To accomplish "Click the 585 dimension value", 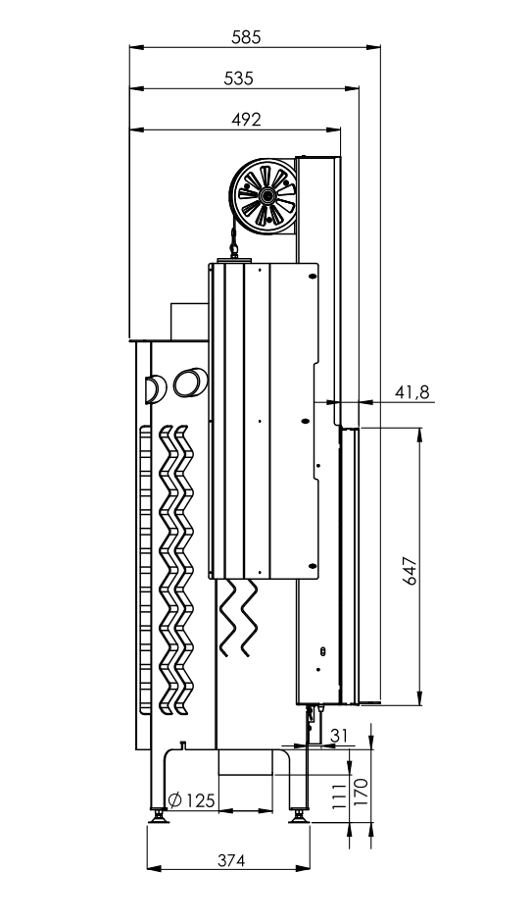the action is pyautogui.click(x=246, y=37).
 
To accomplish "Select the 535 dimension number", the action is pyautogui.click(x=239, y=77).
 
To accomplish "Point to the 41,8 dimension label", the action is pyautogui.click(x=411, y=392).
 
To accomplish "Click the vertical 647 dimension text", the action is pyautogui.click(x=411, y=571).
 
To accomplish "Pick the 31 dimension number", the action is pyautogui.click(x=339, y=736).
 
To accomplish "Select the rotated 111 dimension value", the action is pyautogui.click(x=337, y=796).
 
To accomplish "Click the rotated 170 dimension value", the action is pyautogui.click(x=361, y=793).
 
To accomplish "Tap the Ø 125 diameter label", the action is pyautogui.click(x=191, y=800).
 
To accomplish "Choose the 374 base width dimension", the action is pyautogui.click(x=230, y=860).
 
